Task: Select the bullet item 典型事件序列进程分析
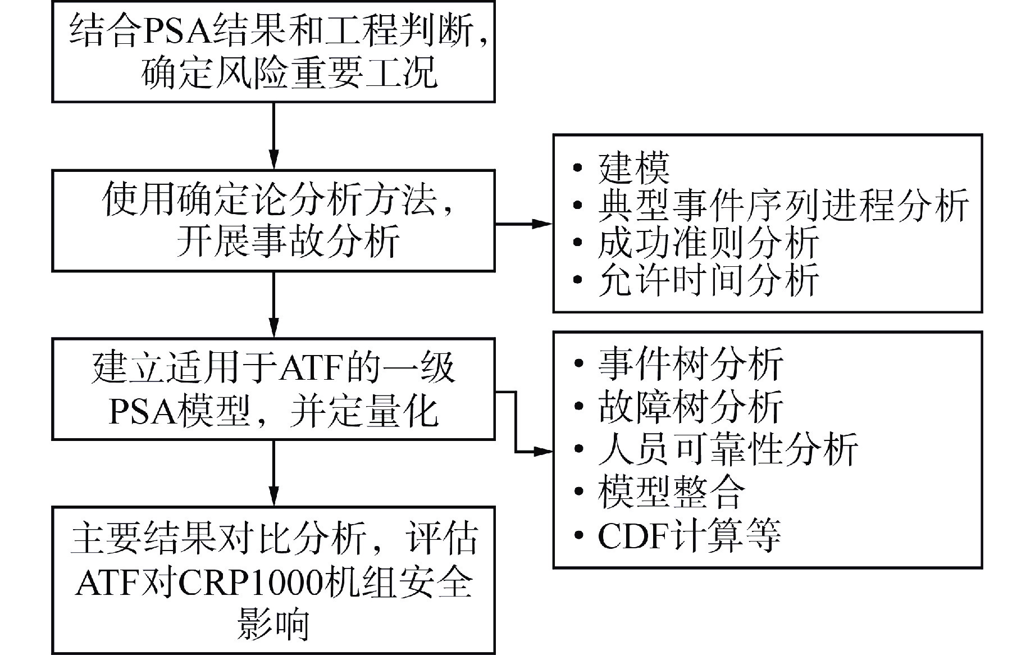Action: [x=783, y=206]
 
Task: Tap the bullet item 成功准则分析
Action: [x=708, y=243]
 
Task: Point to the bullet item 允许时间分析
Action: [x=708, y=279]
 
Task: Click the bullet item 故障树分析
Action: [x=690, y=406]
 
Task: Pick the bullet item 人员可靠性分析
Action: [x=727, y=449]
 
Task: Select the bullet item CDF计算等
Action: [x=689, y=535]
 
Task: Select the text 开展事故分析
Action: [x=288, y=241]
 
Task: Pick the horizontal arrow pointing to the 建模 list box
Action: [x=523, y=224]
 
